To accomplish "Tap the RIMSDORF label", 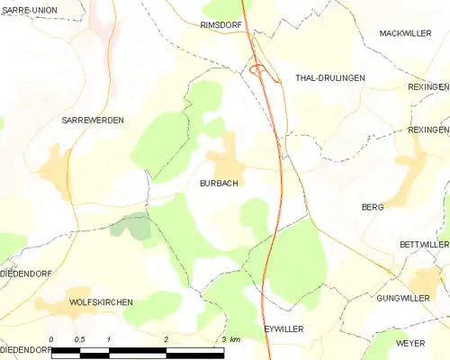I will point(221,25).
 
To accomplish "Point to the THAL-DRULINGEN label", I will point(330,78).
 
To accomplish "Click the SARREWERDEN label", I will point(93,120).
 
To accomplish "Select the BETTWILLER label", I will point(424,245).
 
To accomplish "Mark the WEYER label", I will point(409,344).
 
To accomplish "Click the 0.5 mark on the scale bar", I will point(80,339).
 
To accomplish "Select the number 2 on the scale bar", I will point(166,339).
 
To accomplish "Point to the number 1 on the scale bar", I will point(109,339).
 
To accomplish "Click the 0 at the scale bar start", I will point(52,339).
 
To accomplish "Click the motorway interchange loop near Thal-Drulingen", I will point(258,67).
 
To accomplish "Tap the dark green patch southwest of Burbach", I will point(133,226).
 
